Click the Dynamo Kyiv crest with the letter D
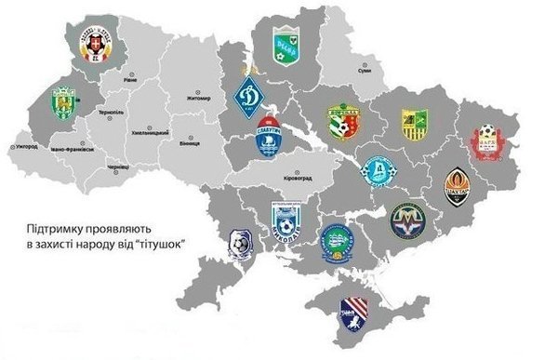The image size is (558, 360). (x=248, y=94)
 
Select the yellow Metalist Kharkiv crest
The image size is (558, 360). (x=413, y=124)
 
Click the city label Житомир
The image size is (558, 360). (x=202, y=95)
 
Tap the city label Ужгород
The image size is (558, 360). (x=28, y=146)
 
